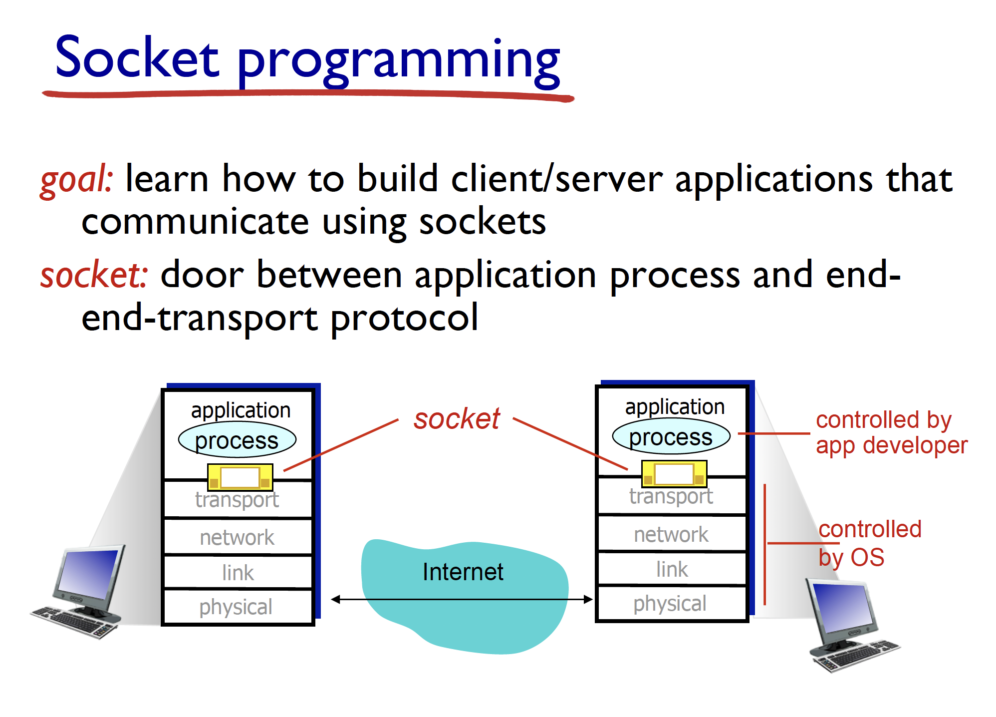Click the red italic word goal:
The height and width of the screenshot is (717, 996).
[76, 179]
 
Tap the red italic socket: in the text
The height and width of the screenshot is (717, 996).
[94, 275]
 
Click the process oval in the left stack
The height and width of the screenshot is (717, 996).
[237, 440]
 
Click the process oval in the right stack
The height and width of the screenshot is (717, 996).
[671, 437]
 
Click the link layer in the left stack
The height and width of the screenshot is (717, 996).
[238, 573]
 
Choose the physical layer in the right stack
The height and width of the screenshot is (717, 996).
[670, 604]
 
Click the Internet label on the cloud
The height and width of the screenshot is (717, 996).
[463, 572]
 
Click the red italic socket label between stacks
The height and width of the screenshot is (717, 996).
[457, 418]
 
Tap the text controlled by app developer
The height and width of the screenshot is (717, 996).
[891, 432]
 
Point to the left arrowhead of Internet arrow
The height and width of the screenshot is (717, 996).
[335, 599]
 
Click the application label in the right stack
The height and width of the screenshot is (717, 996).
[675, 407]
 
